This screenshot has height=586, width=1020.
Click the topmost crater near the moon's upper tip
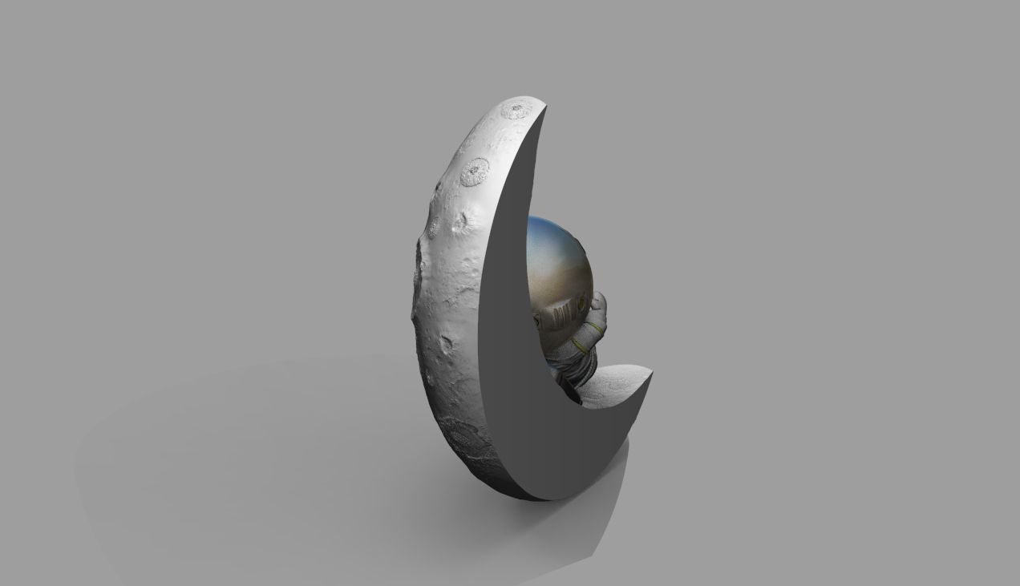[516, 110]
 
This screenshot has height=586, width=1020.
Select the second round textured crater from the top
[475, 171]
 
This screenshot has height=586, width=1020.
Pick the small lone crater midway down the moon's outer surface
[446, 345]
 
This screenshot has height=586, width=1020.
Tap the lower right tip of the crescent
[650, 372]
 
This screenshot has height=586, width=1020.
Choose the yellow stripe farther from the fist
[579, 346]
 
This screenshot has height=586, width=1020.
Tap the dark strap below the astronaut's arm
[571, 390]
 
